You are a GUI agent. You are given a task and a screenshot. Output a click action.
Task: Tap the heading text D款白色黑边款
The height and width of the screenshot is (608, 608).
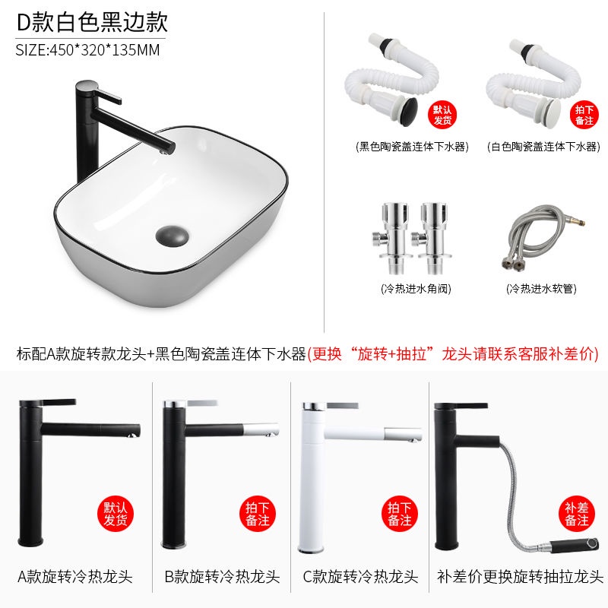coord(92,22)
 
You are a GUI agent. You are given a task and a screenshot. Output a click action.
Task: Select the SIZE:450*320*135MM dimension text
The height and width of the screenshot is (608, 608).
coord(87,50)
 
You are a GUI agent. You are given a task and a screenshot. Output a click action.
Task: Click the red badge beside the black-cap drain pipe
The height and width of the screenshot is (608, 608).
coord(442,115)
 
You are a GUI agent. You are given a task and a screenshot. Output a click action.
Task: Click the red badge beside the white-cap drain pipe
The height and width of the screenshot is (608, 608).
coord(584,115)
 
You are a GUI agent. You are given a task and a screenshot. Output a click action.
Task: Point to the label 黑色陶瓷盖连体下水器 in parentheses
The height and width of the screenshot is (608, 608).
coord(412,147)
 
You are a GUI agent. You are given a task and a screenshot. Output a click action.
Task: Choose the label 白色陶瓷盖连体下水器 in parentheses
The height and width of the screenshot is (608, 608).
coord(543,147)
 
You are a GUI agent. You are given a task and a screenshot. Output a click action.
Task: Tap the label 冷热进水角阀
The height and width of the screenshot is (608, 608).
coord(416,289)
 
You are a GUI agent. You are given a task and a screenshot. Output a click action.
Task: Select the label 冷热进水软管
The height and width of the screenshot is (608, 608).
coord(541,289)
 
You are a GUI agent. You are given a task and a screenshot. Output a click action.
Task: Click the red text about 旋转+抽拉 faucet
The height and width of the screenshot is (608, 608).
coord(453,353)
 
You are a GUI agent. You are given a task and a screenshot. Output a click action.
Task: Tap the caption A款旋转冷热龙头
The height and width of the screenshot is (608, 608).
coord(75,577)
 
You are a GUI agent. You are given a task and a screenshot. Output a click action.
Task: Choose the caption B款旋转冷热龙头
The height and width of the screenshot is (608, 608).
coord(222,577)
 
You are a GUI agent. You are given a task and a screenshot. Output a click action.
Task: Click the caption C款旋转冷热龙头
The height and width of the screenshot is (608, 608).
coord(360,577)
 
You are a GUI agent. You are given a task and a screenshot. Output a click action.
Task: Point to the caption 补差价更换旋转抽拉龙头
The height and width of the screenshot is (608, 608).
coord(520,577)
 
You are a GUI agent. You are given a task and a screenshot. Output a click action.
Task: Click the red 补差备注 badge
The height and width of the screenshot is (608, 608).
coord(577,514)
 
